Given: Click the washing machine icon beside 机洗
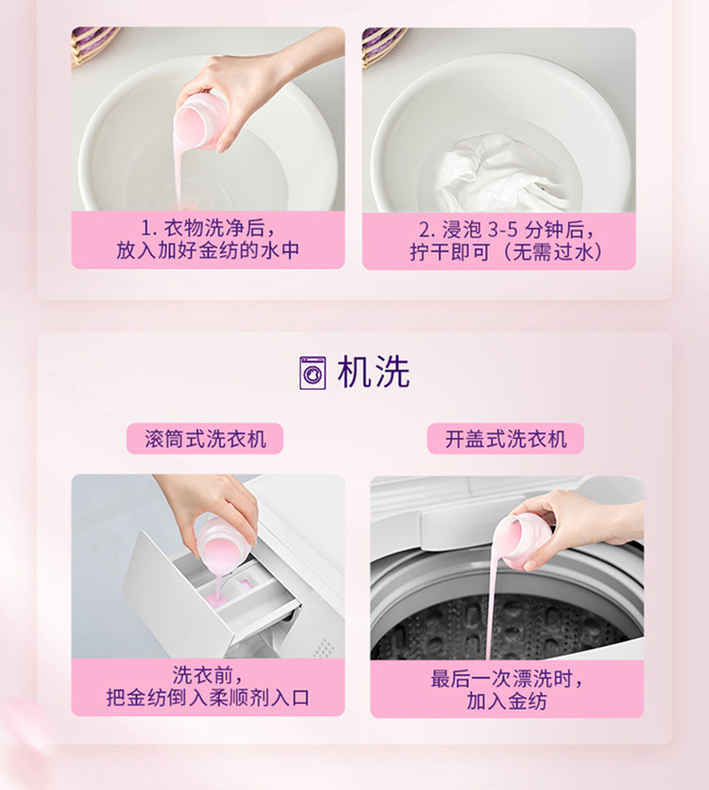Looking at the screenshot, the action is point(312,372).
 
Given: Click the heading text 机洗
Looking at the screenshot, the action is point(374,372).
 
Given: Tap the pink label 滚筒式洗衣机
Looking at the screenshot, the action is point(205,438).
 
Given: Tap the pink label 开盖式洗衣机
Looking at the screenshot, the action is point(505,438).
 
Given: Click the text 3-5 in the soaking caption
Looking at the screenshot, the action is point(503,231).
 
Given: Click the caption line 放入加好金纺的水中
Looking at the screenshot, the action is point(207,250).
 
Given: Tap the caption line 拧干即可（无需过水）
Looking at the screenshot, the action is point(505,252).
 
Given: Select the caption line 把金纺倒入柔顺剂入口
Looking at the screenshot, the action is point(207,697).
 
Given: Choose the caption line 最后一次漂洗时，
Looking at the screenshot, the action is point(507,678).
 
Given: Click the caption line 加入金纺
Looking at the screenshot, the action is point(507,700).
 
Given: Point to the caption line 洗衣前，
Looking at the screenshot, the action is point(207,675).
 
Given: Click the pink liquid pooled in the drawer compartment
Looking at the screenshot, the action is point(217,599).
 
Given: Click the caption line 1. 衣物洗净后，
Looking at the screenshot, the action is point(207,229).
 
